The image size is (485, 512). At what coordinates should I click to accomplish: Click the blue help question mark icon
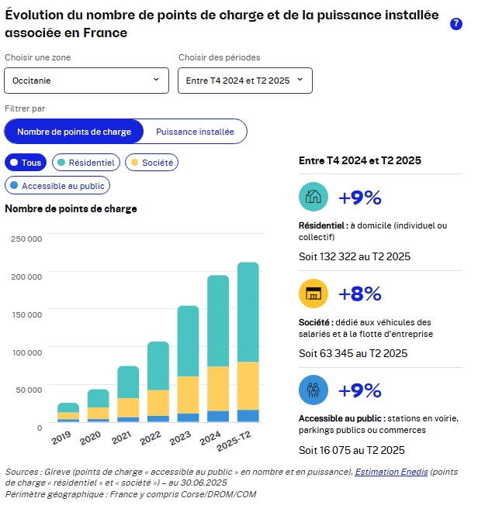[456, 24]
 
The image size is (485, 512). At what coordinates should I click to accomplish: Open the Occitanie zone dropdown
[86, 80]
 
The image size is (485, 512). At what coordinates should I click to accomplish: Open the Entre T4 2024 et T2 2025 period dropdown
[245, 80]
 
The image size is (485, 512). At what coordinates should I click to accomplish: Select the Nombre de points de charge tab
[74, 132]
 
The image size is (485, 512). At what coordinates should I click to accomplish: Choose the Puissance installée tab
[195, 132]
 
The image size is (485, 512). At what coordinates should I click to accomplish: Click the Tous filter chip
[26, 163]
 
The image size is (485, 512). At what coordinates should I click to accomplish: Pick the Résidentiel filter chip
[85, 163]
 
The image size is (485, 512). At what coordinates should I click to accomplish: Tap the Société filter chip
[151, 163]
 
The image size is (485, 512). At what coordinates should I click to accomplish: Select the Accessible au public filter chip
[57, 186]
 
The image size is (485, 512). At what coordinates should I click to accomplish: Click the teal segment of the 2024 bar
[218, 321]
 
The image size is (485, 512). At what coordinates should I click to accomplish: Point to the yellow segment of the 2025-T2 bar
[248, 386]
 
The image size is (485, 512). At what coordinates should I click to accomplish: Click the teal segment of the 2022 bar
[158, 366]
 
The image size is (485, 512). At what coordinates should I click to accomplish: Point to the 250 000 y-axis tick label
[26, 239]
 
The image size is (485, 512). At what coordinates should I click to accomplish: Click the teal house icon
[314, 197]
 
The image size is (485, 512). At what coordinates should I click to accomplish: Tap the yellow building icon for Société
[314, 294]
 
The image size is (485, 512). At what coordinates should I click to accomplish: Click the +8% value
[360, 294]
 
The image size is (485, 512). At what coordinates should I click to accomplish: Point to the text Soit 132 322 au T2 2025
[355, 256]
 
